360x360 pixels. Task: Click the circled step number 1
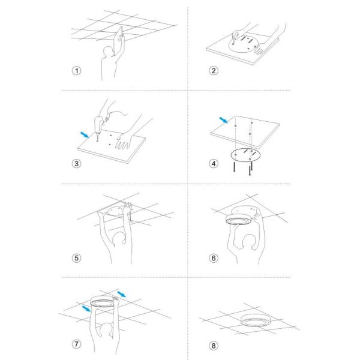coord(77,70)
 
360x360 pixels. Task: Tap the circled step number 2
coord(214,70)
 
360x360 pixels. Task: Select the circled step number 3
coord(77,164)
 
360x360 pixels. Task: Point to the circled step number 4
coord(214,164)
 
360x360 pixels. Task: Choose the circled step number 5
coord(77,258)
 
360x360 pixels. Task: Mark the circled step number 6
coord(214,258)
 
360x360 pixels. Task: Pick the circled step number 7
coord(77,344)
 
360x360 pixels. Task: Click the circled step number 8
coord(214,346)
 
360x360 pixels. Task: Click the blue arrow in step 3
coord(85,135)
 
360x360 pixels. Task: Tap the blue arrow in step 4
coord(224,120)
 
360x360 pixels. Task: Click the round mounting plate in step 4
coord(246,155)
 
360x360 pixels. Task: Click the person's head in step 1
coord(108,52)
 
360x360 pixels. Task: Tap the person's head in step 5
coord(119,239)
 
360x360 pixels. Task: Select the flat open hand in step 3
coord(124,140)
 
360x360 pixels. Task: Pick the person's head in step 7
coord(106,330)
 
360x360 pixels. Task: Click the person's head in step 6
coord(249,242)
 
